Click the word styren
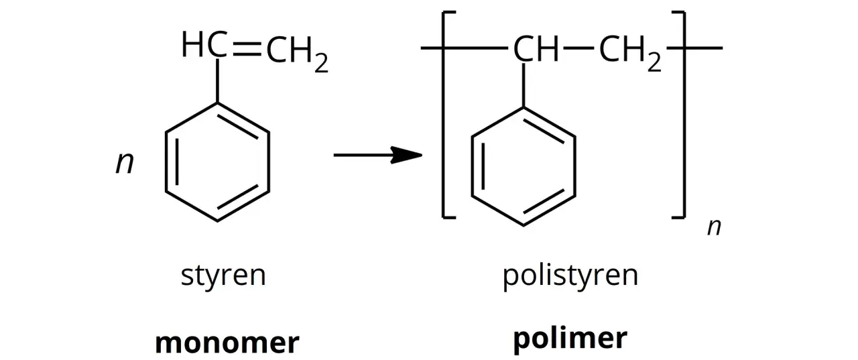click(x=223, y=276)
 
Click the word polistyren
click(x=570, y=276)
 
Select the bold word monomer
click(x=227, y=343)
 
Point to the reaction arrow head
click(x=407, y=155)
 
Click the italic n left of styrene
click(x=125, y=162)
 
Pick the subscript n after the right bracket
click(x=714, y=227)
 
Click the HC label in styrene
click(x=205, y=44)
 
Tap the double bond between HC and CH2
click(x=247, y=48)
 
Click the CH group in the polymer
click(x=536, y=49)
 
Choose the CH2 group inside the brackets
click(x=630, y=54)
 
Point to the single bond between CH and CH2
click(x=578, y=48)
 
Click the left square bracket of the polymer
click(x=444, y=115)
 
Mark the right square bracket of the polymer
click(x=684, y=115)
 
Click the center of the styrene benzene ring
click(x=217, y=162)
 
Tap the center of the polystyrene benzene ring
click(x=524, y=167)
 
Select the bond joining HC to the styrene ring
click(x=217, y=80)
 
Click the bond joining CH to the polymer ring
click(x=524, y=85)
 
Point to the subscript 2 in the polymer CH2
click(x=654, y=62)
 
